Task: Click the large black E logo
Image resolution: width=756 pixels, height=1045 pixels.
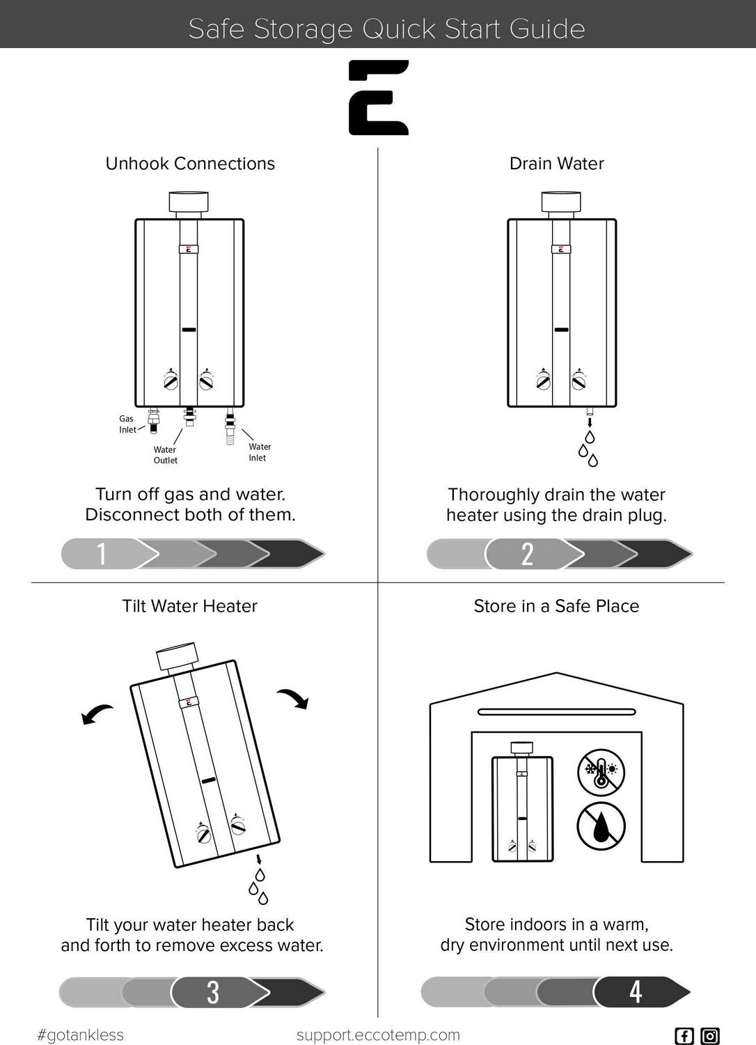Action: (378, 97)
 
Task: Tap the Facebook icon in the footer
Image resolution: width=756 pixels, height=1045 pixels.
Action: (684, 1035)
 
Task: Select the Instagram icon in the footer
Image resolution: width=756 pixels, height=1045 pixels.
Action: (710, 1035)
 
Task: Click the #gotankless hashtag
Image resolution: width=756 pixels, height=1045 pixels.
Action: (80, 1035)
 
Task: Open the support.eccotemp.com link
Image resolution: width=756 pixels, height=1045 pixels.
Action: (378, 1035)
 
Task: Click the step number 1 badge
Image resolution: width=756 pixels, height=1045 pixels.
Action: (102, 554)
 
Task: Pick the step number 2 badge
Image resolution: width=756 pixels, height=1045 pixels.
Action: (528, 554)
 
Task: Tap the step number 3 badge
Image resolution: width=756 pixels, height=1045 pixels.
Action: (213, 992)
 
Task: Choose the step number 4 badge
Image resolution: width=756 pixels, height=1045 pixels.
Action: (636, 991)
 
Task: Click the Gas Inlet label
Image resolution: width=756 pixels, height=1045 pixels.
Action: (127, 424)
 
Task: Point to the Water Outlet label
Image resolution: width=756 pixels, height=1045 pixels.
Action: (165, 455)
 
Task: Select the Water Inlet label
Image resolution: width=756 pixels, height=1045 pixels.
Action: (259, 452)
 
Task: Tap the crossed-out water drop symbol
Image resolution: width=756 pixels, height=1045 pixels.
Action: (601, 826)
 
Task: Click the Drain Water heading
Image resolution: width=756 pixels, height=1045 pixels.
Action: (556, 164)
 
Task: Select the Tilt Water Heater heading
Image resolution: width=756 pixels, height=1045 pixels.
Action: (189, 606)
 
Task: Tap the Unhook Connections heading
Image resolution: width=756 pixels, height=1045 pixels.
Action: (190, 164)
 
